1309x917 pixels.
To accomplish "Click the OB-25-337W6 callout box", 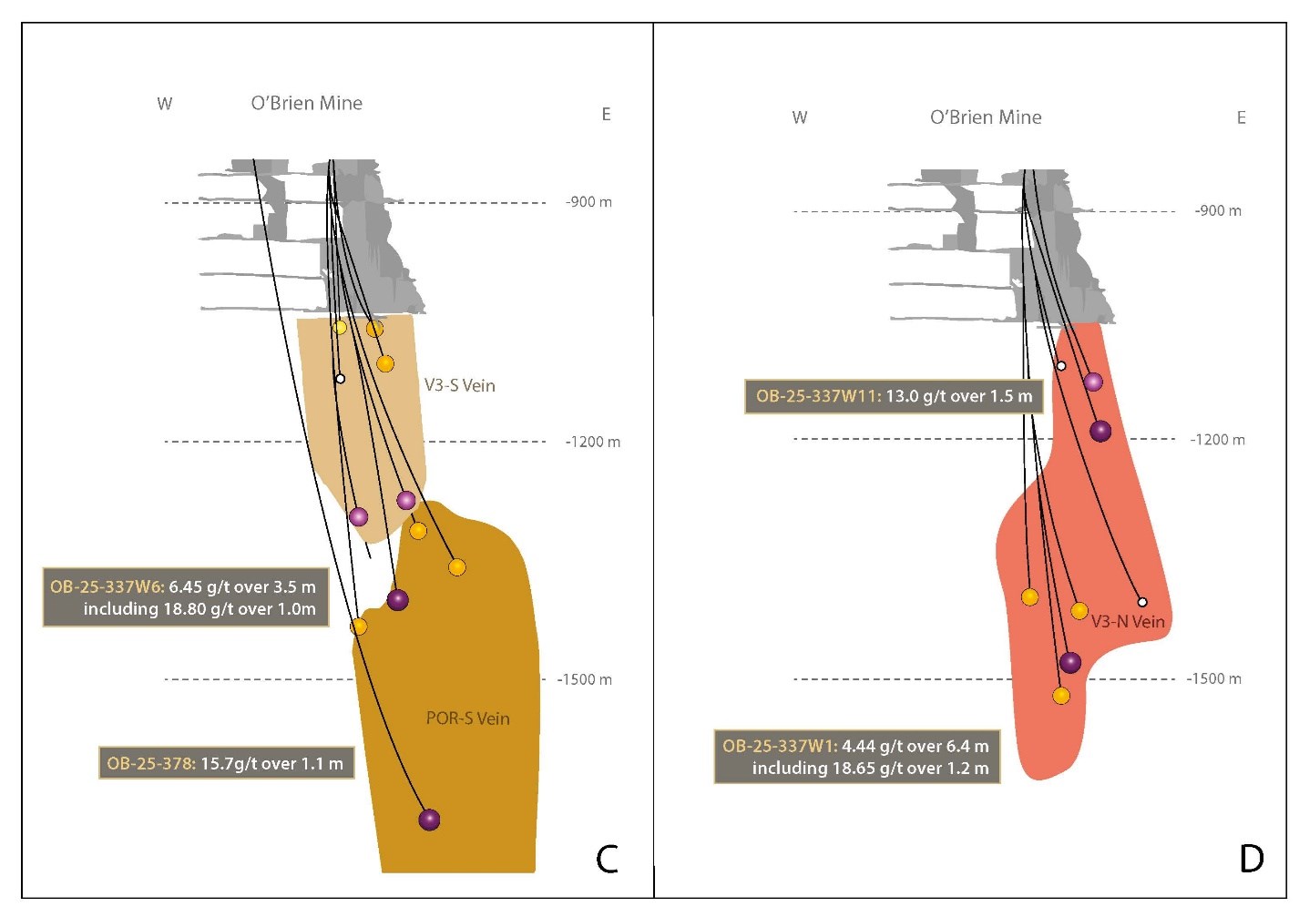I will coord(186,598).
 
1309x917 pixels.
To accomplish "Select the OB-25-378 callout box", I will coord(226,763).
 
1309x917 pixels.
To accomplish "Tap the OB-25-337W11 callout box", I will coord(894,396).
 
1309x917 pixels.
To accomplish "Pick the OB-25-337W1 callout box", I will coord(856,757).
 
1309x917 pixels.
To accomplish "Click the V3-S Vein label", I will coord(459,385).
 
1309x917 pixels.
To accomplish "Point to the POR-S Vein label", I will coord(467,718).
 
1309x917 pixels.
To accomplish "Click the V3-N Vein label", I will coord(1128,622).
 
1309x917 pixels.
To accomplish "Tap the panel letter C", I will coord(607,859).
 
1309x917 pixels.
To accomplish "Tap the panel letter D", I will coord(1252,858).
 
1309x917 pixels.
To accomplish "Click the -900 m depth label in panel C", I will coord(588,202).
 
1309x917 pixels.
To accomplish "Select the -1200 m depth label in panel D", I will coord(1217,440).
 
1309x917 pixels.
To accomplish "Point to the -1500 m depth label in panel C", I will coord(584,679).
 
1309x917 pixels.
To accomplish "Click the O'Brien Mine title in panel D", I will coord(986,117).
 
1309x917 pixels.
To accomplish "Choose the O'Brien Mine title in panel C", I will coord(307,104).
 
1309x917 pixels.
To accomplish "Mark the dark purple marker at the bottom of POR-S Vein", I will coord(429,820).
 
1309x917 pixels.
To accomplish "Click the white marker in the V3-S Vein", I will coord(340,378).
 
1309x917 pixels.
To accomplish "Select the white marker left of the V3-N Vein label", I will coord(1142,602).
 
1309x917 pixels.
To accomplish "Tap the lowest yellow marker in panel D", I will coord(1060,696).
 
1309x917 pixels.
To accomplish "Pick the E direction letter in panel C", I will coord(606,115).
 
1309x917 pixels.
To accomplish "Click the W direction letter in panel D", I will coord(800,117).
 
